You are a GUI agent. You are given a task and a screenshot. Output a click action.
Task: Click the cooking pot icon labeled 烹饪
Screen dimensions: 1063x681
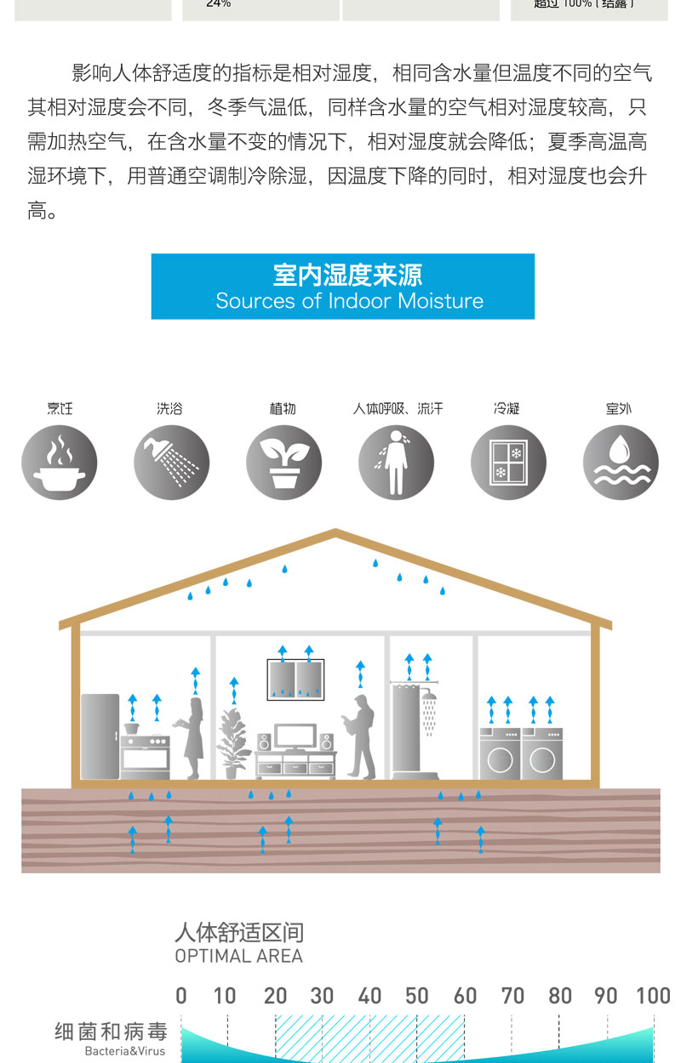pyautogui.click(x=60, y=463)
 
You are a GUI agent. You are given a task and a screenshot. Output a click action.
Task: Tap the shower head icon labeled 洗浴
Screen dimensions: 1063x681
pyautogui.click(x=171, y=463)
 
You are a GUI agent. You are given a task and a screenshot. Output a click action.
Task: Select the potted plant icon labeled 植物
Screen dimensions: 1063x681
pyautogui.click(x=283, y=463)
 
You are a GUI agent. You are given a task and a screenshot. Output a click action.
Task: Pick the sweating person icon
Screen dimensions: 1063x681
pyautogui.click(x=396, y=463)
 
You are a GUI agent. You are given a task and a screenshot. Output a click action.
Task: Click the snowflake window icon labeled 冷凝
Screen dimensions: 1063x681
pyautogui.click(x=508, y=463)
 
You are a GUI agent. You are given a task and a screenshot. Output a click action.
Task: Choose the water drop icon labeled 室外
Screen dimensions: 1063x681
pyautogui.click(x=621, y=463)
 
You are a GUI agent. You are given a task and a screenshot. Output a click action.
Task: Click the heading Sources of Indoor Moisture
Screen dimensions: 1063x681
pyautogui.click(x=349, y=301)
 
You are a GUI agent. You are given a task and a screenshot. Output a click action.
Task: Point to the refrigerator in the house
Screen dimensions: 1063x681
pyautogui.click(x=100, y=736)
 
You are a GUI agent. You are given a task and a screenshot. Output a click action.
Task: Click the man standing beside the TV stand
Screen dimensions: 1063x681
pyautogui.click(x=361, y=736)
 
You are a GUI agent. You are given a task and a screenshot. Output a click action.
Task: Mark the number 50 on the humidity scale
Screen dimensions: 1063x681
pyautogui.click(x=416, y=996)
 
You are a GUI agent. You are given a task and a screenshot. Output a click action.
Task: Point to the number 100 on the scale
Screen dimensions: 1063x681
pyautogui.click(x=653, y=996)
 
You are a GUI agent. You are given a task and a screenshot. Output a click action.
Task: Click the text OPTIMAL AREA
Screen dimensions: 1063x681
pyautogui.click(x=238, y=956)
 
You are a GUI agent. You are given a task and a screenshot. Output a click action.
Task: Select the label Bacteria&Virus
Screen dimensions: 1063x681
pyautogui.click(x=125, y=1052)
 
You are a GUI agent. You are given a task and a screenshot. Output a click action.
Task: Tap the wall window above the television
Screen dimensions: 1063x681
pyautogui.click(x=295, y=679)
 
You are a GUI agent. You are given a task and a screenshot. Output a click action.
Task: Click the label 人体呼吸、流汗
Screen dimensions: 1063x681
pyautogui.click(x=398, y=409)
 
